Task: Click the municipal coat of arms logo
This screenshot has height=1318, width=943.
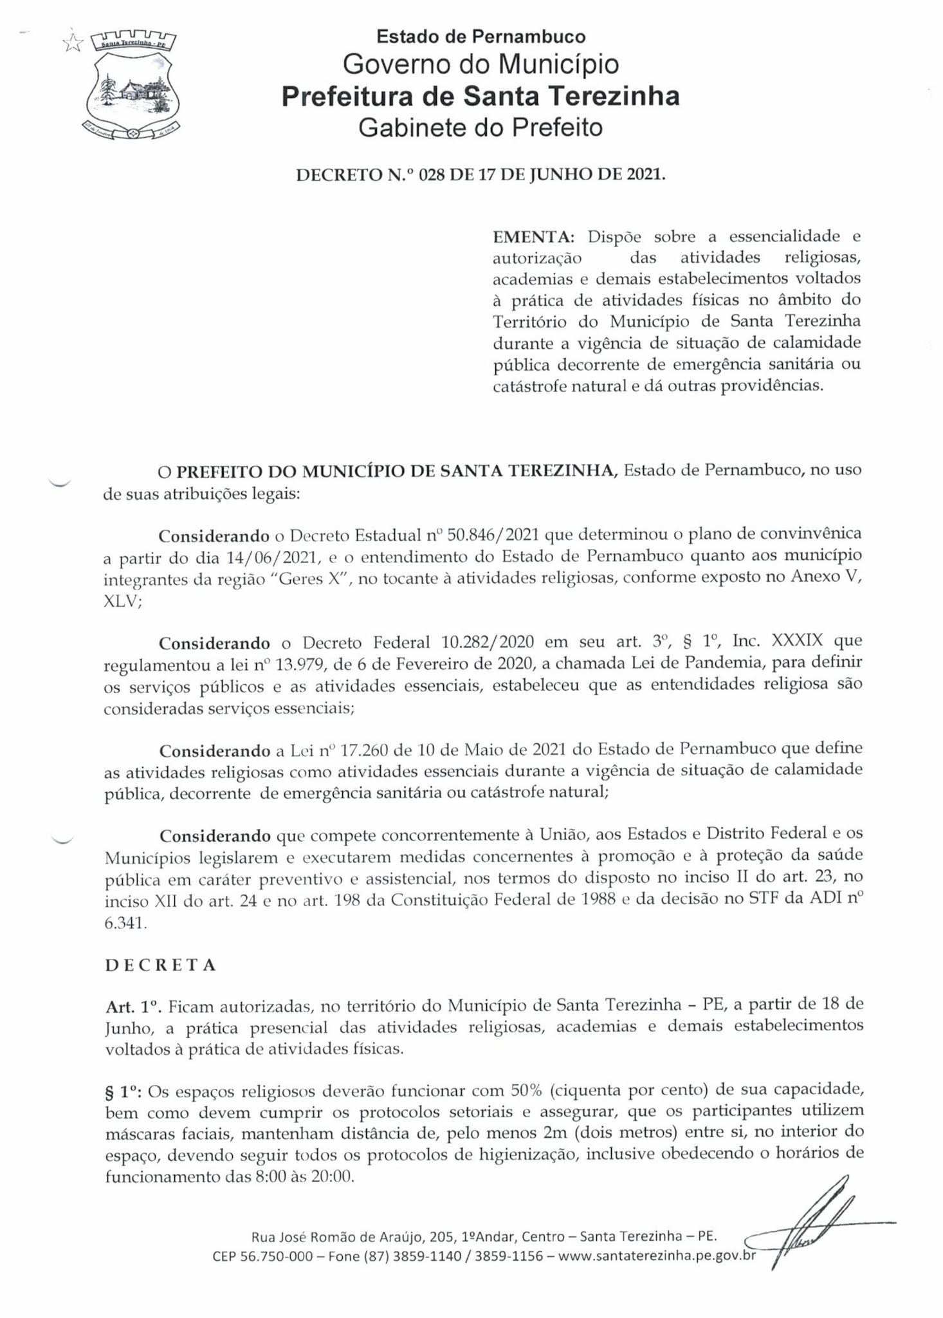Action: point(134,86)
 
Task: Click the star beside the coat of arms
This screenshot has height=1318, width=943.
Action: point(73,43)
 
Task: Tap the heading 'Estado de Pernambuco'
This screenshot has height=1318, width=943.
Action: point(481,37)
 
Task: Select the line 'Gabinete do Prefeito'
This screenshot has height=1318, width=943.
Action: point(481,127)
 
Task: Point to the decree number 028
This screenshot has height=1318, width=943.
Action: point(432,174)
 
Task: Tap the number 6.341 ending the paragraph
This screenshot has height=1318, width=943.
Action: point(125,922)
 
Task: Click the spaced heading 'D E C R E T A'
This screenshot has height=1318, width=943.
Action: point(160,965)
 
